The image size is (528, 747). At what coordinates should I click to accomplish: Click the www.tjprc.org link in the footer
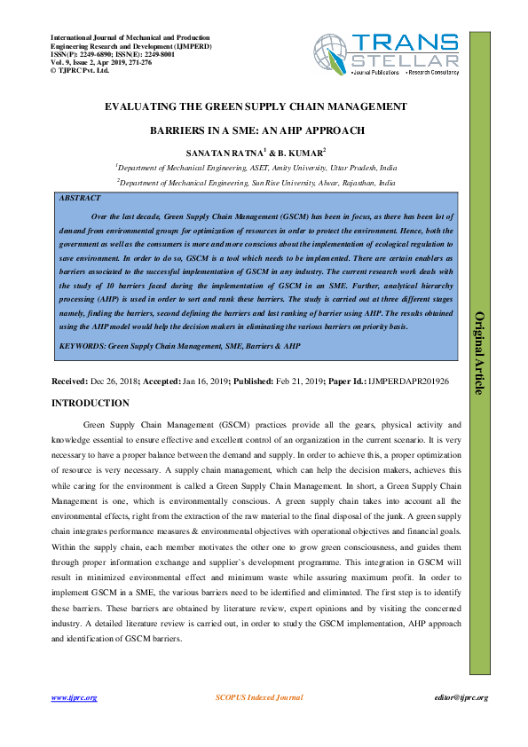pyautogui.click(x=74, y=697)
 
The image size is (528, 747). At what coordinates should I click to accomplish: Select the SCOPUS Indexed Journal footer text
pyautogui.click(x=259, y=697)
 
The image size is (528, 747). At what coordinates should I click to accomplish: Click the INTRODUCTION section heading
pyautogui.click(x=91, y=404)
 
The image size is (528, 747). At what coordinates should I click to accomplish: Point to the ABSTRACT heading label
pyautogui.click(x=79, y=200)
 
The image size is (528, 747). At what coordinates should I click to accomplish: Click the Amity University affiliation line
pyautogui.click(x=257, y=168)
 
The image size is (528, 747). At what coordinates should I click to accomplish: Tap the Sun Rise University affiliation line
pyautogui.click(x=257, y=183)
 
